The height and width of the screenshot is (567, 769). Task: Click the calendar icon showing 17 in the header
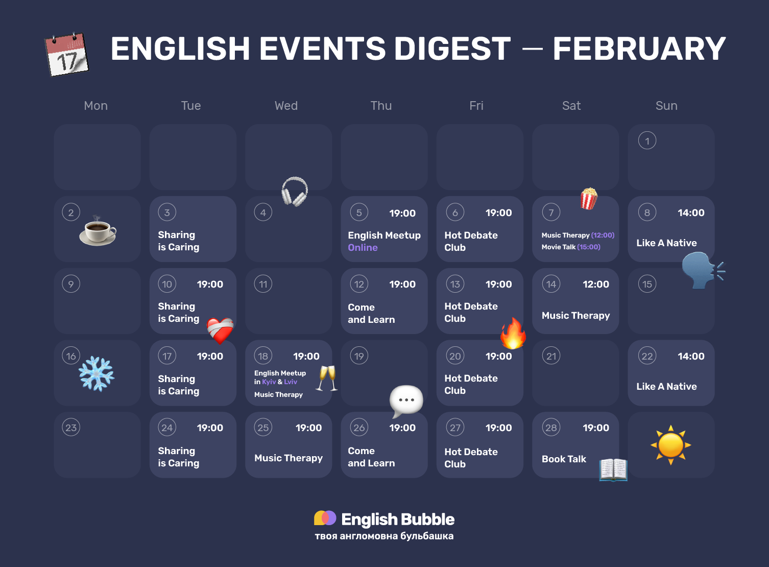coord(67,54)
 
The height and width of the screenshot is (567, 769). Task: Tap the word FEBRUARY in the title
coord(639,49)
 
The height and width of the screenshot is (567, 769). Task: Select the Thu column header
coord(381,106)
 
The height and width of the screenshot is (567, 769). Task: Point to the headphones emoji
coord(295,192)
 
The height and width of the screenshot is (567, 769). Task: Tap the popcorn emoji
coord(588,198)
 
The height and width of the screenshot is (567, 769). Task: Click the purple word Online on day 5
coord(363,248)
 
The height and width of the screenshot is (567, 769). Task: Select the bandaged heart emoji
coord(220,330)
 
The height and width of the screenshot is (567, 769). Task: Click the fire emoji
coord(513,334)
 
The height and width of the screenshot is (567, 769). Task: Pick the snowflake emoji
coord(97,374)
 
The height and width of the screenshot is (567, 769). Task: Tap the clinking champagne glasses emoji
coord(327,379)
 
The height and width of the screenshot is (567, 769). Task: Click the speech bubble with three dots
coord(406,400)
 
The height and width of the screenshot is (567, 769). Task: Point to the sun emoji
coord(670,445)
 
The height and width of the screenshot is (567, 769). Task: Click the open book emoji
coord(613,469)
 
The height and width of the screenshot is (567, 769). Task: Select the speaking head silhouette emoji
coord(702,270)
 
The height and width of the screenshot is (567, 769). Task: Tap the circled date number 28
coord(551,428)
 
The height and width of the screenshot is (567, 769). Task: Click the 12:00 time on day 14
coord(595,285)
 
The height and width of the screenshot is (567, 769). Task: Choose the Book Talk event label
coord(564,459)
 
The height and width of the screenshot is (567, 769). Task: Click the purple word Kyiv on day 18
coord(269,382)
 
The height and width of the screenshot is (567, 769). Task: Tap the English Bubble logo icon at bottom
coord(325,518)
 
